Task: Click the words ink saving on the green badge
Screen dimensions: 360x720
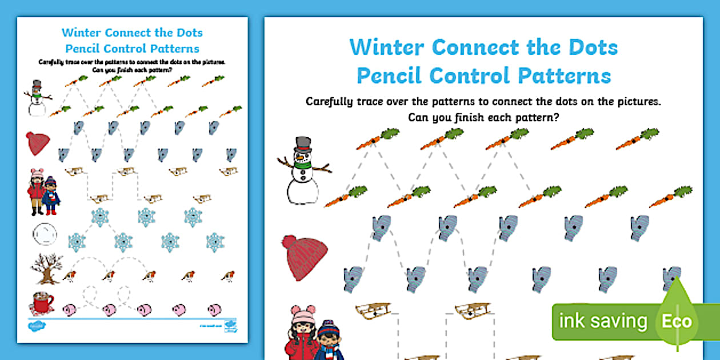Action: click(x=602, y=321)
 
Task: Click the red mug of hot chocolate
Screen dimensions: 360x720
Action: click(x=41, y=302)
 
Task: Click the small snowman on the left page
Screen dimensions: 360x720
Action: click(x=37, y=98)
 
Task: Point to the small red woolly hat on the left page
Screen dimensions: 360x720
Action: click(x=38, y=143)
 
